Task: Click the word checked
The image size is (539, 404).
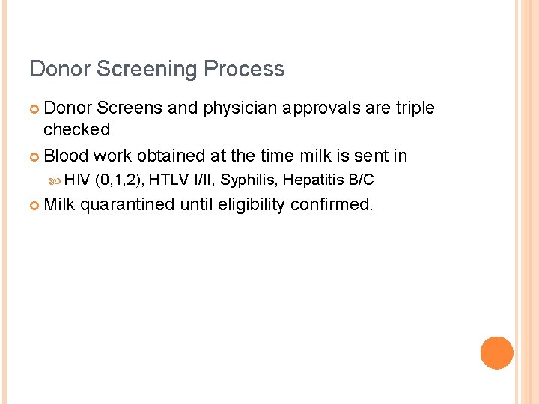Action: [76, 130]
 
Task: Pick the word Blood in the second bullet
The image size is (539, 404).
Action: [66, 156]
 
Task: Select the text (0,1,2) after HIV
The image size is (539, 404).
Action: [121, 180]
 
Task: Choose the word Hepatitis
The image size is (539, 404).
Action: [314, 180]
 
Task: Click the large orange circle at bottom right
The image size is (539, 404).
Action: [497, 353]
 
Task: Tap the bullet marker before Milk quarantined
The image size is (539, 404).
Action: [34, 205]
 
